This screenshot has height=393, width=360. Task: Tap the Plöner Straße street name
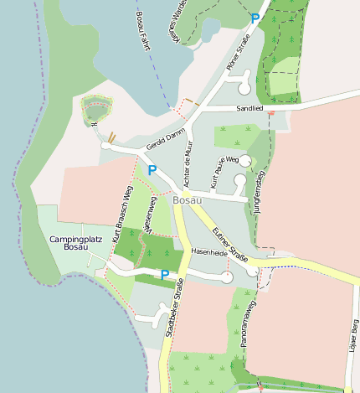pyautogui.click(x=238, y=53)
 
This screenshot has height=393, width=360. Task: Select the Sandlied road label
pyautogui.click(x=249, y=108)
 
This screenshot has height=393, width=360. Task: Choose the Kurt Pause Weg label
pyautogui.click(x=224, y=169)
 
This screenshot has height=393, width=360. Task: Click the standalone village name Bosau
pyautogui.click(x=188, y=201)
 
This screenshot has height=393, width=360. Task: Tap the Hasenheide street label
pyautogui.click(x=209, y=251)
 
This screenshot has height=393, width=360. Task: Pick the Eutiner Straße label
pyautogui.click(x=234, y=246)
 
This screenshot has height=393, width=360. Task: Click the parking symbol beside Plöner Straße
pyautogui.click(x=255, y=18)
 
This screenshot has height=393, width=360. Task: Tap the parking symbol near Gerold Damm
pyautogui.click(x=152, y=171)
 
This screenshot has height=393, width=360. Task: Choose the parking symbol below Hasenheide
pyautogui.click(x=164, y=274)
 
